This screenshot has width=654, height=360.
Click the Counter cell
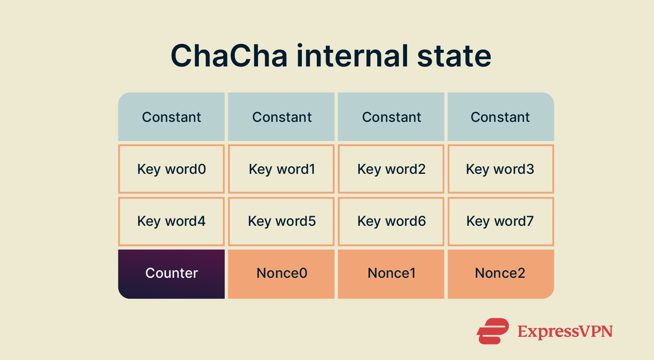click(171, 274)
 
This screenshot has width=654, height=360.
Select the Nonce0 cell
click(281, 274)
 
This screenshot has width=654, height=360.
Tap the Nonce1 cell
click(391, 274)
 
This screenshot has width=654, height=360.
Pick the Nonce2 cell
click(500, 274)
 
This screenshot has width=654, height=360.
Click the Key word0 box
click(171, 169)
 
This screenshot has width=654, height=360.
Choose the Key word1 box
click(281, 169)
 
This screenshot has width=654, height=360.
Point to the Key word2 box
click(391, 169)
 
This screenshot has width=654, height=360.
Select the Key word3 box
click(500, 169)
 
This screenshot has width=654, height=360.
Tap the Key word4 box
click(171, 221)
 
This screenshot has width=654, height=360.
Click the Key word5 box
click(281, 221)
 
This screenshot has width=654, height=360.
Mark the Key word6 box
click(391, 221)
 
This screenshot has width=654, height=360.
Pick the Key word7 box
click(500, 221)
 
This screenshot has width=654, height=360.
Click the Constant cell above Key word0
click(171, 117)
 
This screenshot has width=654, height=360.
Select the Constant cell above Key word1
click(281, 117)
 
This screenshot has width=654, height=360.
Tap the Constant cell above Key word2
click(391, 117)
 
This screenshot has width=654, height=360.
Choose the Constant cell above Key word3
click(500, 117)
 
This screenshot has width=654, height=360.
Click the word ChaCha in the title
click(229, 56)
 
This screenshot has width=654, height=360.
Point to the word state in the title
click(454, 56)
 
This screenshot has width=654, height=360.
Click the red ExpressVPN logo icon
click(493, 331)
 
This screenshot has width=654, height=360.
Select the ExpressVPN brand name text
click(565, 331)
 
